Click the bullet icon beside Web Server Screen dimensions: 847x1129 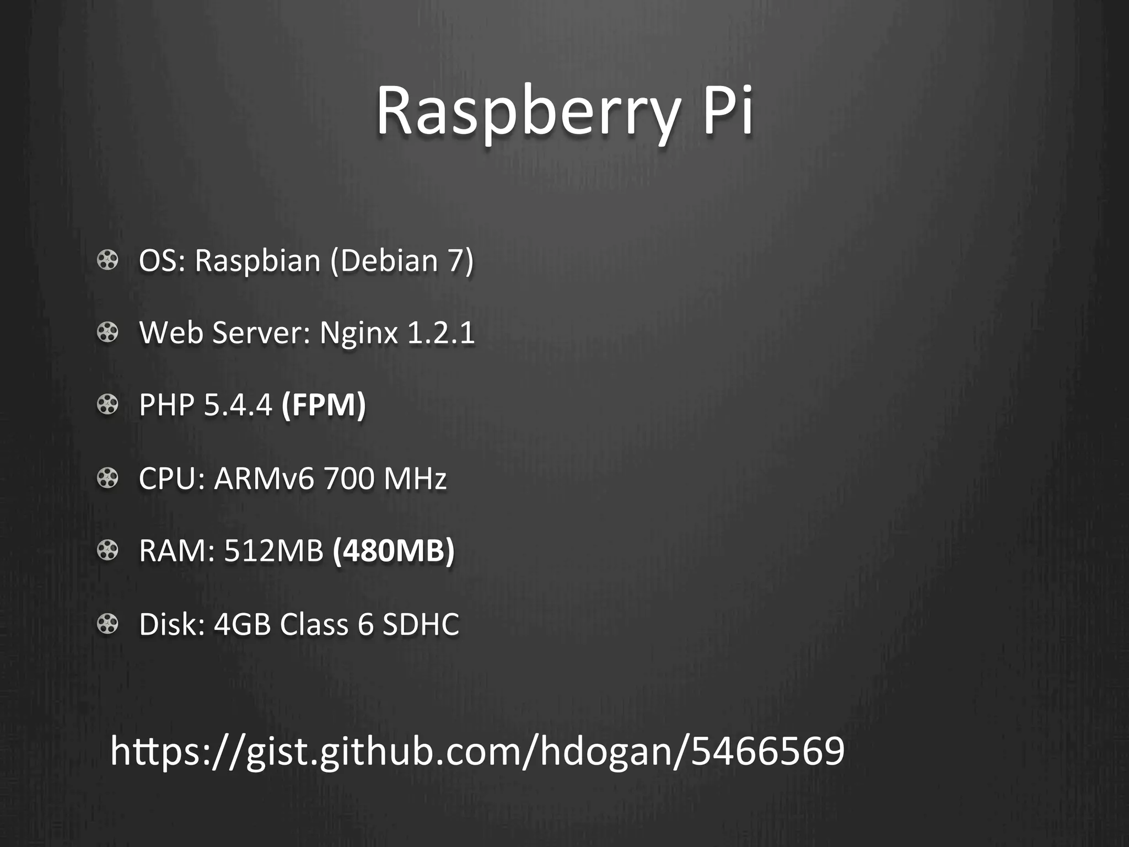click(x=107, y=333)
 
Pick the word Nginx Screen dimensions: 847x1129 click(x=359, y=333)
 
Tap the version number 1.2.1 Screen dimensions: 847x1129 click(x=441, y=333)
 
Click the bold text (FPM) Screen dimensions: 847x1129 click(x=324, y=405)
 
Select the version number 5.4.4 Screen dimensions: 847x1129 click(x=238, y=405)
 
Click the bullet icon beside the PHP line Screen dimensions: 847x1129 click(x=107, y=405)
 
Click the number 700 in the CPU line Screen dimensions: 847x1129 click(x=349, y=478)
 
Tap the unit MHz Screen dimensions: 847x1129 click(x=415, y=478)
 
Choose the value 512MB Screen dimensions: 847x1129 click(x=274, y=550)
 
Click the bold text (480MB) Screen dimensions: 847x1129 click(x=394, y=550)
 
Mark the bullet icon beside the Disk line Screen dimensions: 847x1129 click(x=107, y=624)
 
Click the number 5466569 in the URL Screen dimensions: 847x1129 click(x=767, y=751)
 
